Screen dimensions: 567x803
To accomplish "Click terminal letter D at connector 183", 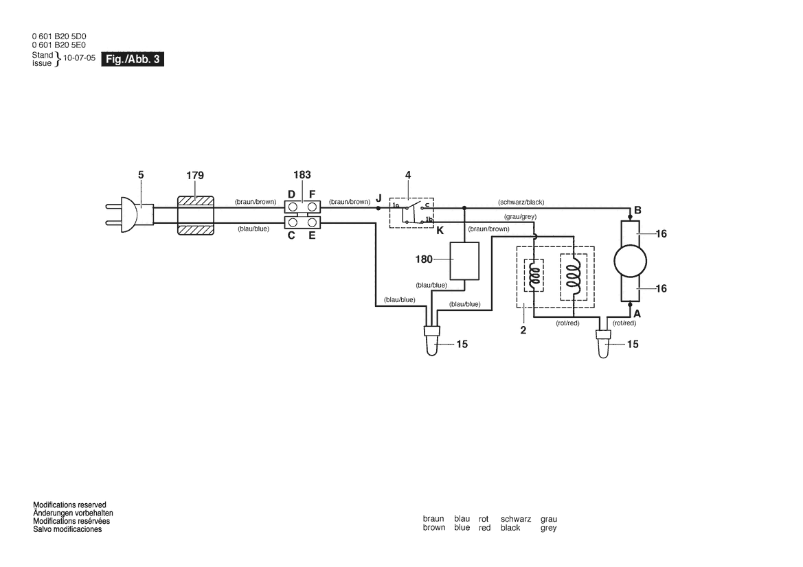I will point(291,194).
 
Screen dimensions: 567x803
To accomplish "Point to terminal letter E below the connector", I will point(312,235).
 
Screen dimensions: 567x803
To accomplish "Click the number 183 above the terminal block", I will point(302,176).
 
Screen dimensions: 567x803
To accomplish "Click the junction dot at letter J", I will point(378,207).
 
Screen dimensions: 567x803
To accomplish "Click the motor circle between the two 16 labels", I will point(630,261).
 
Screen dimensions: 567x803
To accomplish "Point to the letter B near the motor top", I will point(637,210).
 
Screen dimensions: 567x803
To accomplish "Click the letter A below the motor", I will point(637,313).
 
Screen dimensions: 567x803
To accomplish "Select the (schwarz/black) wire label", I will point(521,202).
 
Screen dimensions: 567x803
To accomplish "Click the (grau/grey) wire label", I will point(519,217).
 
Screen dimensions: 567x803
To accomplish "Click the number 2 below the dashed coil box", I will point(523,329).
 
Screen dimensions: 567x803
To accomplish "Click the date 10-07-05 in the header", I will point(79,58).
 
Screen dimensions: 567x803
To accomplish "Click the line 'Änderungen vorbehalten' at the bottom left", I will point(73,513).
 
